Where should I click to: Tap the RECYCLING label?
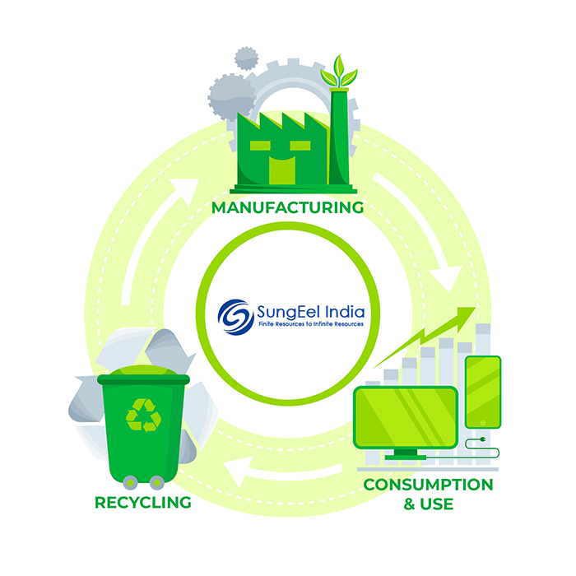click(143, 502)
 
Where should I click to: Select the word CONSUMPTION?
click(429, 484)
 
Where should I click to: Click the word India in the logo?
click(337, 312)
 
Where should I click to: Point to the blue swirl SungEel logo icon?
click(235, 315)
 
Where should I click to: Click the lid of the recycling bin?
click(142, 379)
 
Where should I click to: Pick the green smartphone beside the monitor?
click(482, 392)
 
